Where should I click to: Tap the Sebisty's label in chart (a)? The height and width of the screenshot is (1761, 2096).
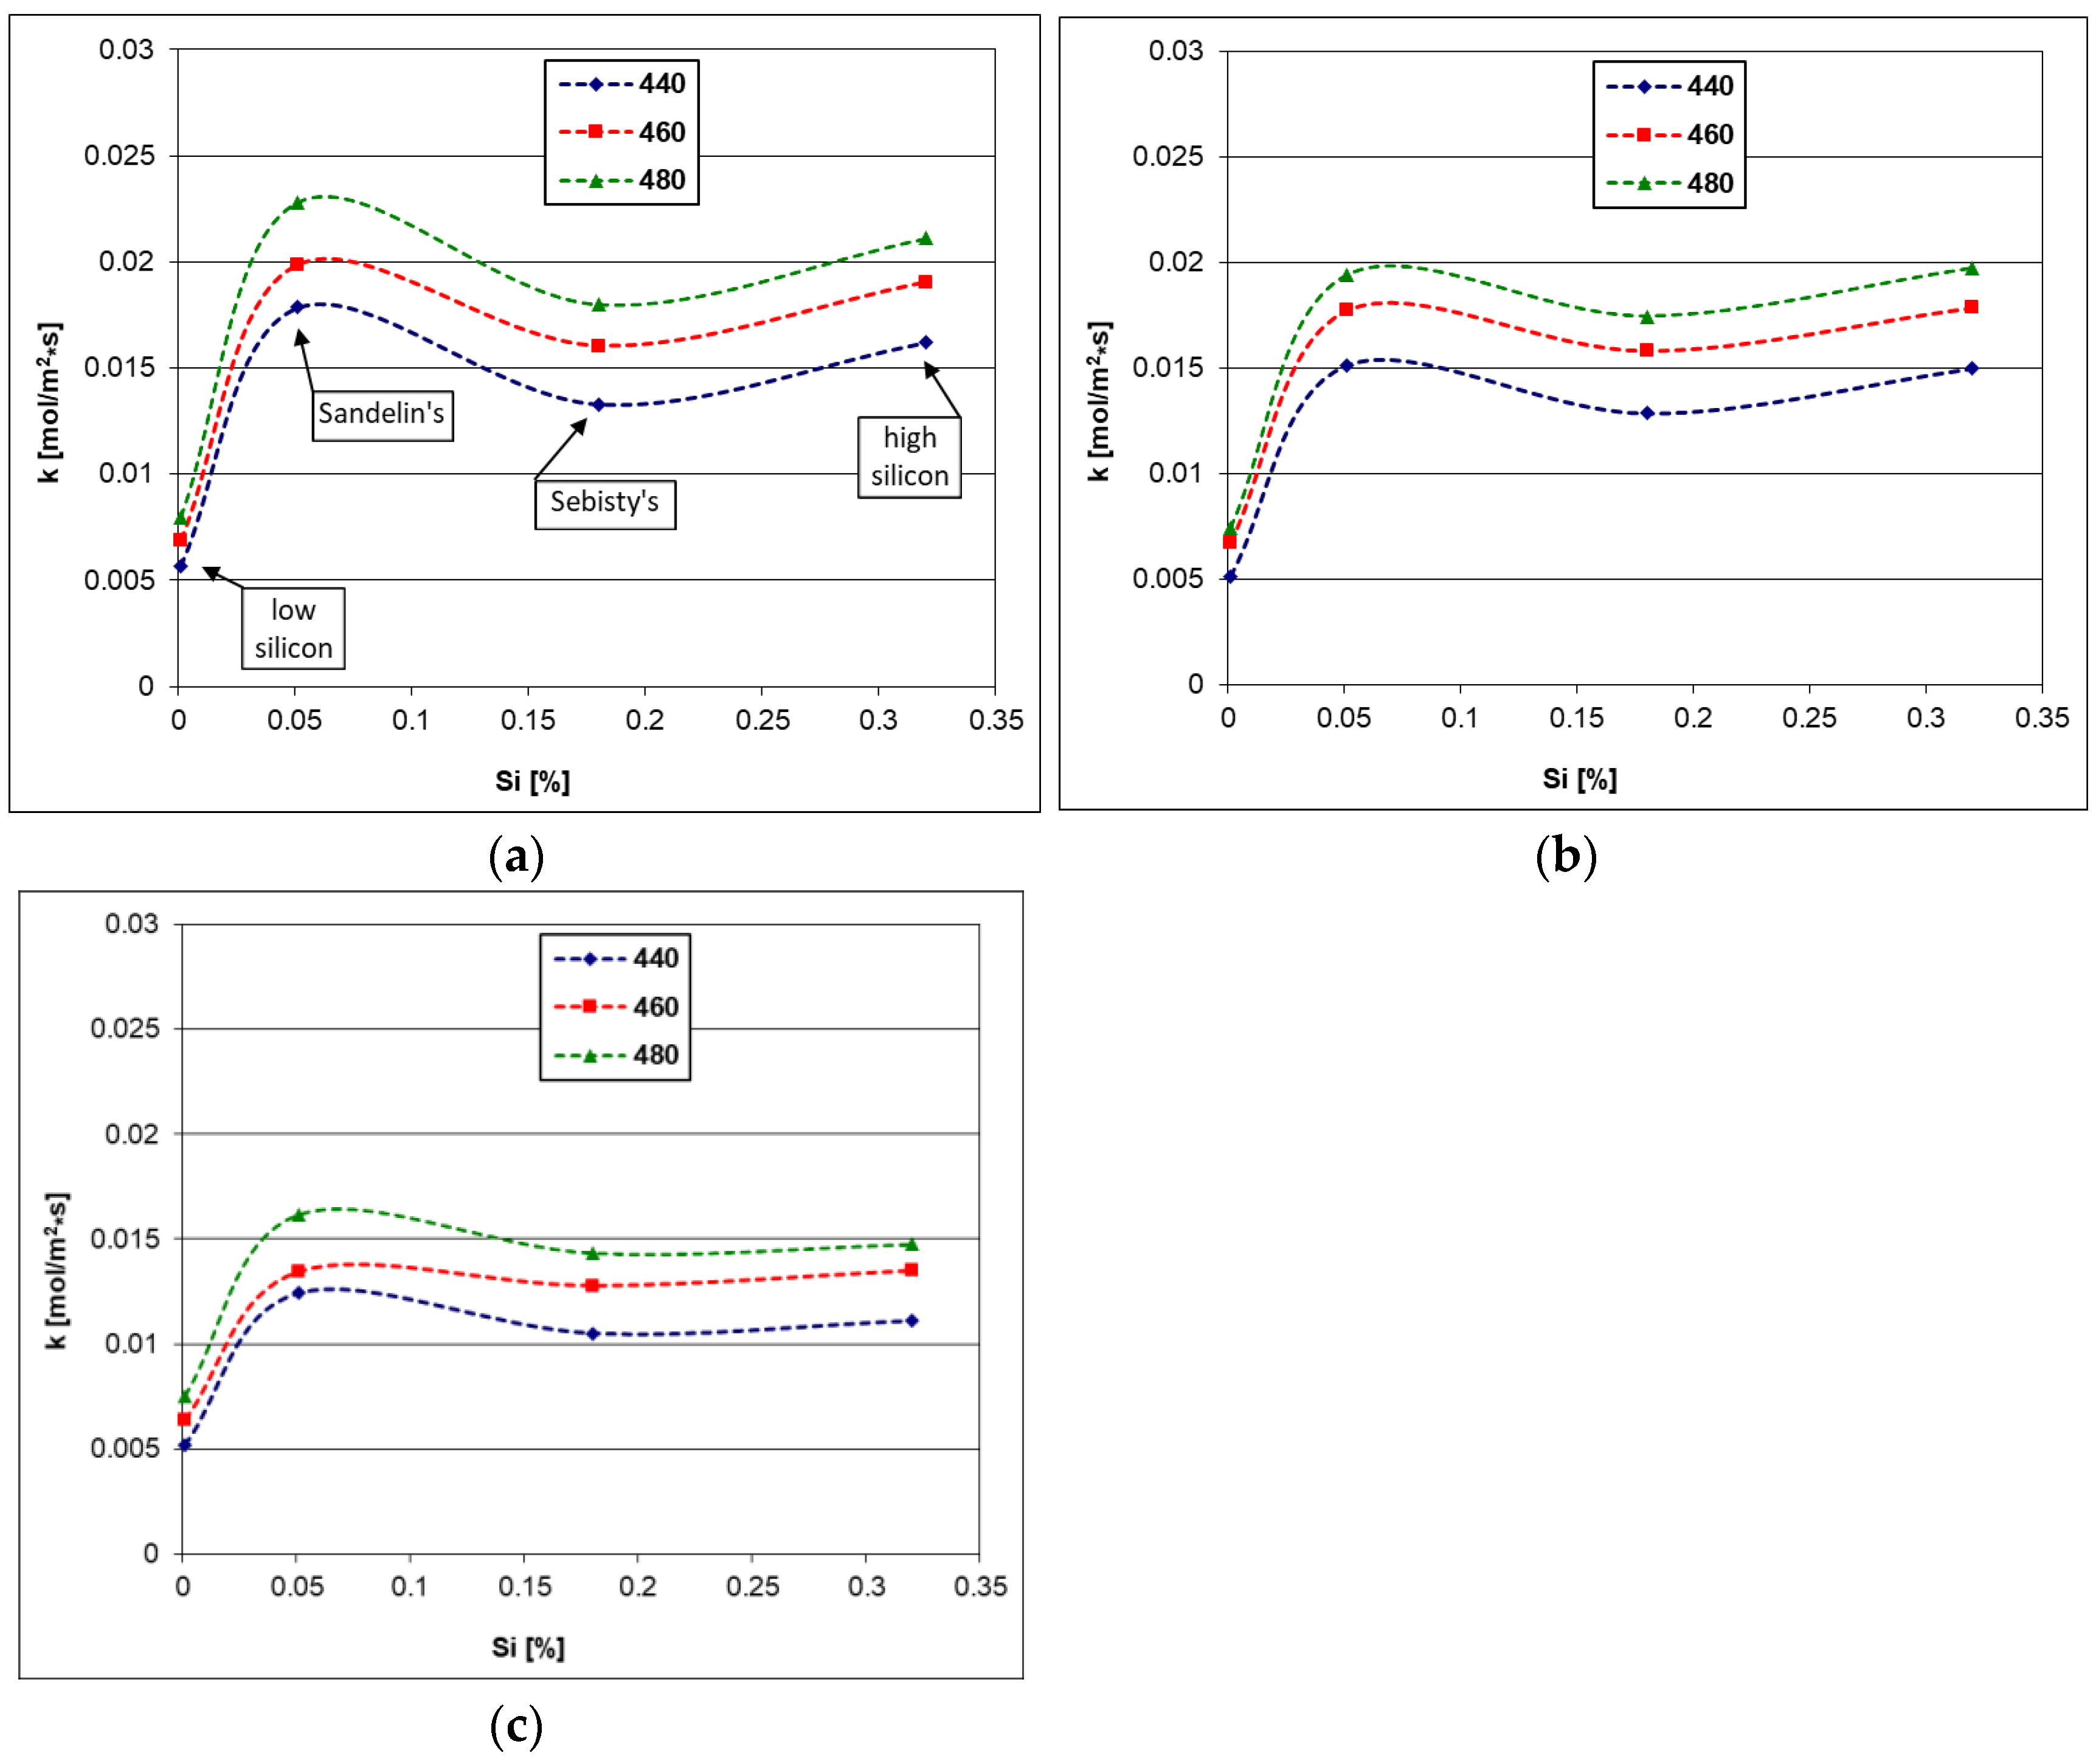tap(605, 503)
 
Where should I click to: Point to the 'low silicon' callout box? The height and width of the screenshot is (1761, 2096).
tap(292, 629)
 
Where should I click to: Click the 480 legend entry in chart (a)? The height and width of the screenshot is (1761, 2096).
tap(622, 181)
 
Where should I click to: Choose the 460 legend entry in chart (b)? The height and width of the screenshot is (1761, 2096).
tap(1670, 135)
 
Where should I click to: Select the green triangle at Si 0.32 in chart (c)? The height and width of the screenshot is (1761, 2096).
tap(911, 1245)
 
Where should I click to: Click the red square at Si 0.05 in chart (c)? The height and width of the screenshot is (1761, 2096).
tap(297, 1271)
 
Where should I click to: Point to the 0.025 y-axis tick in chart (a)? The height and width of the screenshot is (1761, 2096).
tap(120, 156)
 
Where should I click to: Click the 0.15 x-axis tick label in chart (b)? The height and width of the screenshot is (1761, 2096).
tap(1576, 718)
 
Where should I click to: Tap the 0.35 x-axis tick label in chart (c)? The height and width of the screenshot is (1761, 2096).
tap(980, 1586)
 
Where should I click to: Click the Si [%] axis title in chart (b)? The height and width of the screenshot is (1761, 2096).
tap(1579, 779)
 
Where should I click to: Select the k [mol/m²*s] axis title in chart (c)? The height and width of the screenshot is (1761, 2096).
tap(57, 1271)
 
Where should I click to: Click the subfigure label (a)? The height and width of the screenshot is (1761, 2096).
tap(516, 857)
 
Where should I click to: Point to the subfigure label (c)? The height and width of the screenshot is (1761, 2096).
tap(516, 1726)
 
